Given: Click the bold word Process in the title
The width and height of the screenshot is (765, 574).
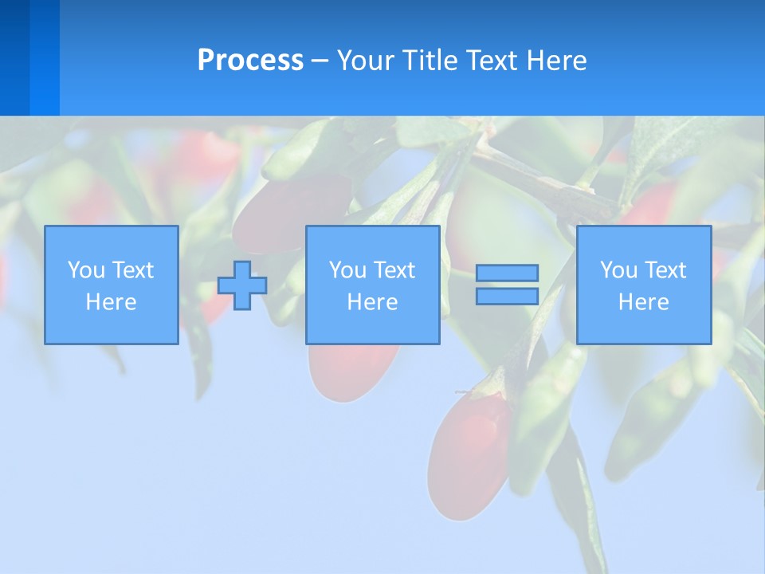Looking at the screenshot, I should [x=250, y=61].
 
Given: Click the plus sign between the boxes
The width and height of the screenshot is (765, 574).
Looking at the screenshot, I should [x=242, y=285].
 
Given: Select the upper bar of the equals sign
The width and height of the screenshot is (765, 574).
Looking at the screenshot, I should [x=507, y=273].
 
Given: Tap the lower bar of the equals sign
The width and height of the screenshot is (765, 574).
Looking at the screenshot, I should [x=507, y=297].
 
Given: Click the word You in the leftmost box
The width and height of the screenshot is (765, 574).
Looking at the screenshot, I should [x=86, y=270].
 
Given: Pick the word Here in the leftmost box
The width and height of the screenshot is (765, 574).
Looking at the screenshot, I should [x=111, y=302].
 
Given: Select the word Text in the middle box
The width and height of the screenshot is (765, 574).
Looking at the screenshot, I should [x=394, y=270].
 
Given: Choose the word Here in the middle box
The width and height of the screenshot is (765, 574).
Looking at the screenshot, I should [x=372, y=302].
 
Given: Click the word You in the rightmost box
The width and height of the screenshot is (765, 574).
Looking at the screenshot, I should [x=618, y=270].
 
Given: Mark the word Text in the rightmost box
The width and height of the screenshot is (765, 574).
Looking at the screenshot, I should [x=665, y=270].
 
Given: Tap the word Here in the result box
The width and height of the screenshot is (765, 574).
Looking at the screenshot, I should [x=643, y=302].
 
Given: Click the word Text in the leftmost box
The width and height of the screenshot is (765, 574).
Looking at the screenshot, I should [x=133, y=270].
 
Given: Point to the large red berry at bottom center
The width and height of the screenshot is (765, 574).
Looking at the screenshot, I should [x=468, y=454].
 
